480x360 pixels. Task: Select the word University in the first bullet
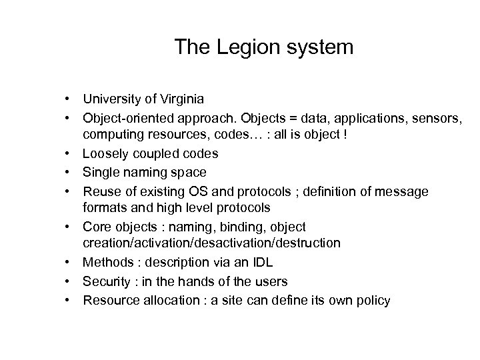[111, 99]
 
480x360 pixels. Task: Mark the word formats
[103, 206]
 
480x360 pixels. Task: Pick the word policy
[374, 301]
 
